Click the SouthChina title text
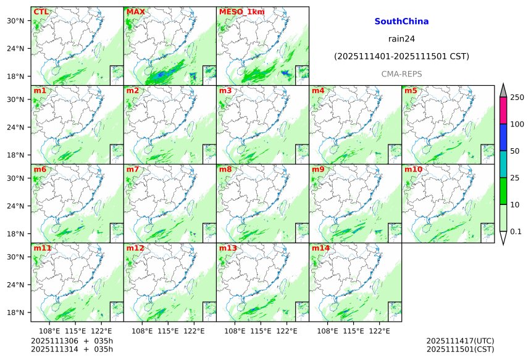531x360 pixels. pos(401,21)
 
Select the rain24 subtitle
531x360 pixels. pos(401,38)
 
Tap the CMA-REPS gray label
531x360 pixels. pos(401,73)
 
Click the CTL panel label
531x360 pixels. pos(41,12)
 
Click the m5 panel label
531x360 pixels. pos(411,91)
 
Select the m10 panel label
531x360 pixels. pos(413,169)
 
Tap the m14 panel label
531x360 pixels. pos(320,248)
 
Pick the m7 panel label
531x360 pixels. pos(133,169)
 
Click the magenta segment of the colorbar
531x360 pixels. pos(503,111)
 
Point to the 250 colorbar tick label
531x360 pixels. pos(517,98)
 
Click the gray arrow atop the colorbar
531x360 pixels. pos(503,90)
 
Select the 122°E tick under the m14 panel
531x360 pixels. pos(380,331)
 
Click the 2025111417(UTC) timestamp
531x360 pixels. pos(460,340)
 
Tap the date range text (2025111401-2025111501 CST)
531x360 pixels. pos(401,56)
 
